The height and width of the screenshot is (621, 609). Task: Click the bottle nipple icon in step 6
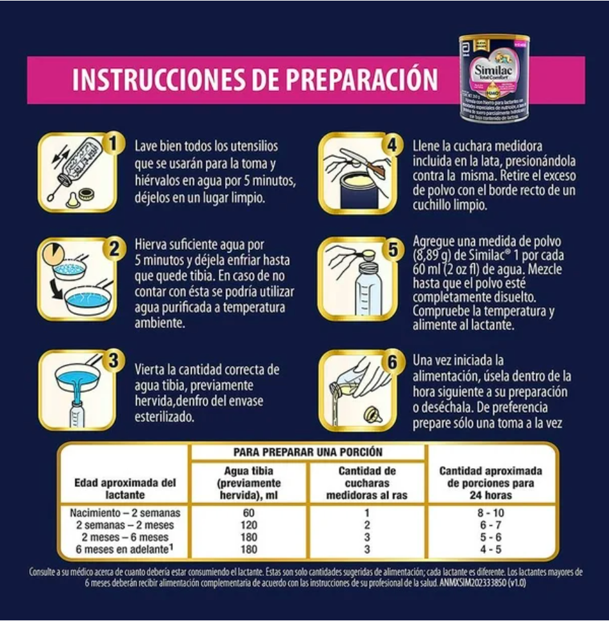click(x=372, y=416)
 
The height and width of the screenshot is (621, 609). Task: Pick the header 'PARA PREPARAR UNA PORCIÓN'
click(x=308, y=452)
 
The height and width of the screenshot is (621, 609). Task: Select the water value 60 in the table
click(x=248, y=513)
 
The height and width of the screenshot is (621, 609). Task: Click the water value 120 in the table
click(x=248, y=525)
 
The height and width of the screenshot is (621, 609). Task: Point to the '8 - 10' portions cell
click(x=491, y=513)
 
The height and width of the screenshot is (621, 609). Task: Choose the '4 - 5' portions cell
click(x=491, y=549)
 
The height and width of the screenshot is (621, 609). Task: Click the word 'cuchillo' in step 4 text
click(x=437, y=206)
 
